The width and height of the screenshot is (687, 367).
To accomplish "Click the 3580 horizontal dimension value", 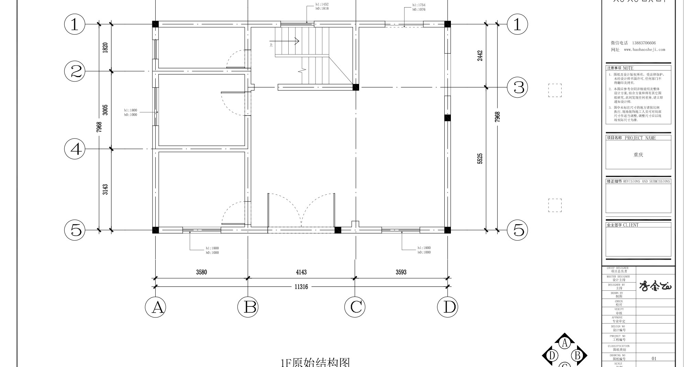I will [x=201, y=272].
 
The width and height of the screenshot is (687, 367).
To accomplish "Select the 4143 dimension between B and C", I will [x=301, y=272].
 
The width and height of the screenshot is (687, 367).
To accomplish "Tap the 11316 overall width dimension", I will [x=301, y=287].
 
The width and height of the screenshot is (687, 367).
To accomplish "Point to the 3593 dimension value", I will [x=401, y=272].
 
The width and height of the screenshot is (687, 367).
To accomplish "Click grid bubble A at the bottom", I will [x=155, y=307].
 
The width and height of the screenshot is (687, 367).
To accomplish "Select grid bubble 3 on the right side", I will [x=518, y=87].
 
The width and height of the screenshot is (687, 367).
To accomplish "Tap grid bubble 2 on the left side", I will [x=75, y=72].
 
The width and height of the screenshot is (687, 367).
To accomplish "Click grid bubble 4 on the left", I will [x=75, y=149].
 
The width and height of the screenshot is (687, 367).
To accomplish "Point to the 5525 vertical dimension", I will [x=480, y=159].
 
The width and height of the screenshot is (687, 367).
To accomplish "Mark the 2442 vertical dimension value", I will [x=480, y=56].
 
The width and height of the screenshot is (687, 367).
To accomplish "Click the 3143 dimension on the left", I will [x=105, y=190].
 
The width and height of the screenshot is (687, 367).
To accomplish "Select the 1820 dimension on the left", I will [x=105, y=47].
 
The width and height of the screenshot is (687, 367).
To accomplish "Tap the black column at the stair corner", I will [x=356, y=87].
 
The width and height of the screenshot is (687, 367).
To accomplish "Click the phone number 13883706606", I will [x=644, y=43].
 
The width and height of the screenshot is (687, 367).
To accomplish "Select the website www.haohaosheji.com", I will [x=644, y=50].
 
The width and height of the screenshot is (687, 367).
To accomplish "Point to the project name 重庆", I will [x=638, y=155].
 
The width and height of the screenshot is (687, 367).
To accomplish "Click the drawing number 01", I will [x=654, y=358].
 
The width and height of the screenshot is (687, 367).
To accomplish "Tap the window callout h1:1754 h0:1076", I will [x=419, y=7].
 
